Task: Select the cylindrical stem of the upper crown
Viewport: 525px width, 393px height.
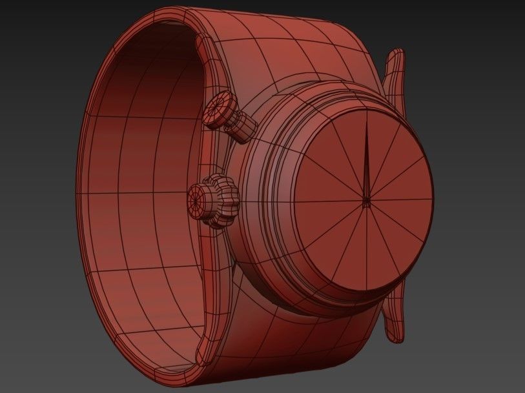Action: [243, 126]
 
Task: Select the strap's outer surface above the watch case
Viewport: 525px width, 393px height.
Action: [291, 45]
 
